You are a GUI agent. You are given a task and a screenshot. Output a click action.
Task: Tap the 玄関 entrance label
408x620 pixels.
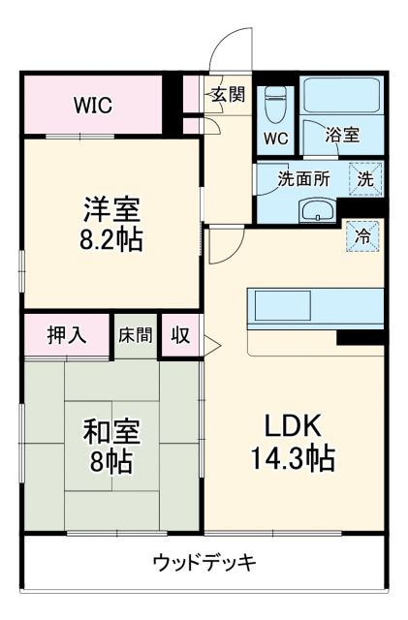click(x=229, y=95)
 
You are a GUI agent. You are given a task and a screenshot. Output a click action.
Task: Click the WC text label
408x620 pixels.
click(x=276, y=138)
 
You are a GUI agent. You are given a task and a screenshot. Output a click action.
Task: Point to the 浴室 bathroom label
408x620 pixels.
click(x=342, y=136)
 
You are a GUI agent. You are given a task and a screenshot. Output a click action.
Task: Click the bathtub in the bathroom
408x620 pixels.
click(x=343, y=96)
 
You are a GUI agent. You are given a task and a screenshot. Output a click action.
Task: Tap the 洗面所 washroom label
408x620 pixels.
click(x=303, y=178)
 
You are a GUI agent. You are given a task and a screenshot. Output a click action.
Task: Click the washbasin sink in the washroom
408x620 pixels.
click(x=315, y=210)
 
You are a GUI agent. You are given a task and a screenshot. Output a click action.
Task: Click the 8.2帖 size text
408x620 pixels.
click(x=111, y=239)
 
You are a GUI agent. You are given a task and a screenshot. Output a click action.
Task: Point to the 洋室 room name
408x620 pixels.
click(x=111, y=208)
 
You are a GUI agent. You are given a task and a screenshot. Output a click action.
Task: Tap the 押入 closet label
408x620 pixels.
click(x=67, y=335)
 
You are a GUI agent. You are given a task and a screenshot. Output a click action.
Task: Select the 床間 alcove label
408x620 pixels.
click(x=135, y=335)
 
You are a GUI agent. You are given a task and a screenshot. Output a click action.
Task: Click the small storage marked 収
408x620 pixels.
click(x=180, y=335)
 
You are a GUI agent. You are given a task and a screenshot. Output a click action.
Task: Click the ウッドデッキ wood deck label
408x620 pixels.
click(x=204, y=563)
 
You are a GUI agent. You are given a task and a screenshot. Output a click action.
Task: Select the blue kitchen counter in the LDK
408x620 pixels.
click(x=315, y=308)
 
